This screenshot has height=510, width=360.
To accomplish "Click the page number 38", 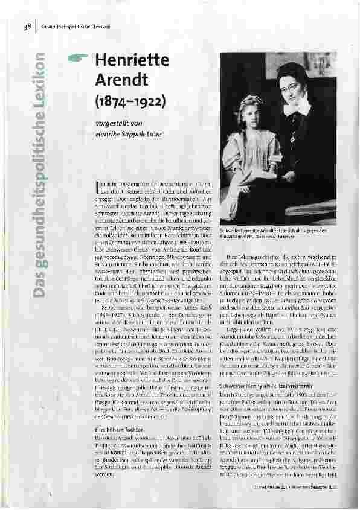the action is [x=27, y=25].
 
